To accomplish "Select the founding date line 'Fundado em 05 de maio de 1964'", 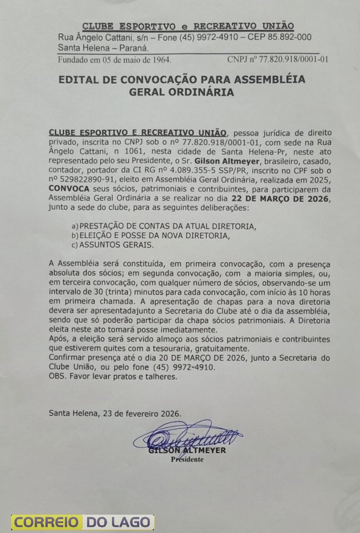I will (x=115, y=59).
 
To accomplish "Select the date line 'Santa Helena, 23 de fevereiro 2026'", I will (x=115, y=413).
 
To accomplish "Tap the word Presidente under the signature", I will (x=187, y=459).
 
